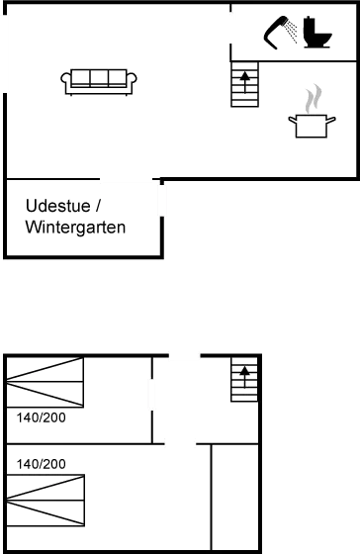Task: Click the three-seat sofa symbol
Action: [99, 81]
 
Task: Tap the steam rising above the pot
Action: [313, 99]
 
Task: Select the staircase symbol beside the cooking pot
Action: [244, 86]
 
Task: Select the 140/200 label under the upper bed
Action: [41, 418]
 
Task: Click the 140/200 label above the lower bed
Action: [41, 463]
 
